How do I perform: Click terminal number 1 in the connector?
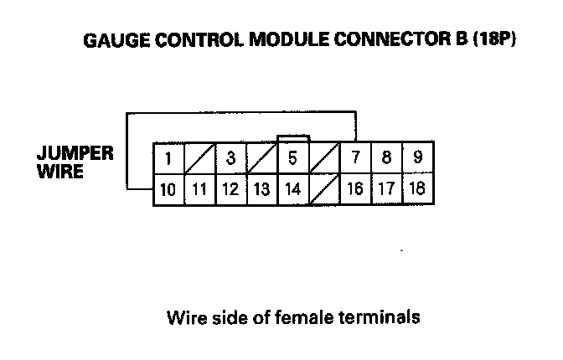tap(168, 158)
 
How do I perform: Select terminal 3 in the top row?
tap(230, 158)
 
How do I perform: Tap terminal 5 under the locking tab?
tap(293, 158)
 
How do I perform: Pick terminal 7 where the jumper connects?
tap(355, 158)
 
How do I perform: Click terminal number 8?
tap(386, 158)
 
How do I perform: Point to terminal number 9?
tap(416, 158)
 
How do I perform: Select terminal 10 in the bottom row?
tap(168, 189)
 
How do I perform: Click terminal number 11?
tap(199, 189)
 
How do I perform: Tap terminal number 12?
tap(230, 189)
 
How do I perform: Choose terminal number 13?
tap(261, 189)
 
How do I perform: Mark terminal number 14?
tap(293, 189)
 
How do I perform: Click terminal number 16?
tap(355, 189)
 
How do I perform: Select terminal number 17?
tap(386, 189)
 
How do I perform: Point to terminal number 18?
tap(416, 189)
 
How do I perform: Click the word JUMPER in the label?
tap(75, 154)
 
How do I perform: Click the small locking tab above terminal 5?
tap(293, 138)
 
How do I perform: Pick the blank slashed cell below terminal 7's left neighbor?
tap(324, 189)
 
